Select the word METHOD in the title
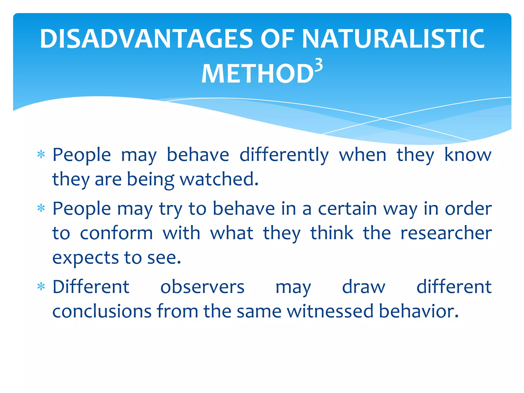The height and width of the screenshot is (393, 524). pos(257,74)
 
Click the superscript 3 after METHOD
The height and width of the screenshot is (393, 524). pos(319,66)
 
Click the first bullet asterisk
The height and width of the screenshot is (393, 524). pos(41,155)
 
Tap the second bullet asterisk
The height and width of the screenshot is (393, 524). pos(41,209)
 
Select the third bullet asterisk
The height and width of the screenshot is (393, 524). pos(41,287)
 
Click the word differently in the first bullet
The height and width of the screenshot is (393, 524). pos(284,155)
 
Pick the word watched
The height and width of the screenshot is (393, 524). pos(219,179)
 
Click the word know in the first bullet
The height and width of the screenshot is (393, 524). pos(468,155)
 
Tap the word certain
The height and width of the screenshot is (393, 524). pos(347,209)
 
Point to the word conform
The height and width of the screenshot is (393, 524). pos(116,233)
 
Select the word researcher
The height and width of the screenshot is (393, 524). pos(446,233)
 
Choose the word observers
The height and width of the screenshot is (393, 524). pos(202,287)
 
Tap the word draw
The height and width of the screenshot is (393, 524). pos(364,287)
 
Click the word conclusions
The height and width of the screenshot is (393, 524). pos(102,311)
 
